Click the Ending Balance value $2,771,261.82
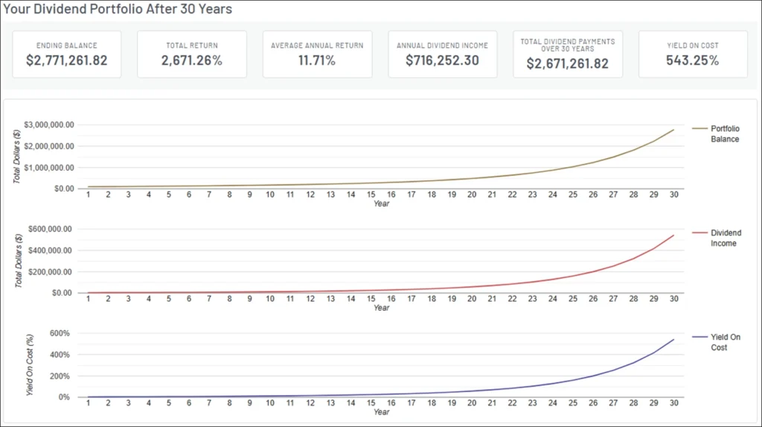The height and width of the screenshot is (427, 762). [x=66, y=60]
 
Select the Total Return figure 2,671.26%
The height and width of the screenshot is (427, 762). [x=192, y=60]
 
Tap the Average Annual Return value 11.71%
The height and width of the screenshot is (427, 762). [x=317, y=60]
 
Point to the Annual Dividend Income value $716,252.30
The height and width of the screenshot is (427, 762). [x=442, y=60]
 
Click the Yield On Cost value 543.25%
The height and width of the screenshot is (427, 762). [x=692, y=60]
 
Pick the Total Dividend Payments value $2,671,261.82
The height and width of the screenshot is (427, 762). [x=567, y=64]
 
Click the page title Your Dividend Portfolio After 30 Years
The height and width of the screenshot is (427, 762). [x=118, y=10]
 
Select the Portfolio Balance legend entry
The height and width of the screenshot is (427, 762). [x=724, y=134]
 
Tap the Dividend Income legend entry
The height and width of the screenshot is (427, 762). [x=726, y=238]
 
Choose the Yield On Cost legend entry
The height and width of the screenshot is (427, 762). [x=725, y=343]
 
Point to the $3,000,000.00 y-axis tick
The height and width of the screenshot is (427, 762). [x=48, y=125]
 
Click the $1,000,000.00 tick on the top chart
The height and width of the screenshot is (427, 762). [x=48, y=168]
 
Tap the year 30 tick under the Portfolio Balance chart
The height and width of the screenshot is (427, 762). [x=673, y=194]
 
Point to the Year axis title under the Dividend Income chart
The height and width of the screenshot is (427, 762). [x=381, y=308]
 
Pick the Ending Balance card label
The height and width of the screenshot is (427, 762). [x=66, y=45]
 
